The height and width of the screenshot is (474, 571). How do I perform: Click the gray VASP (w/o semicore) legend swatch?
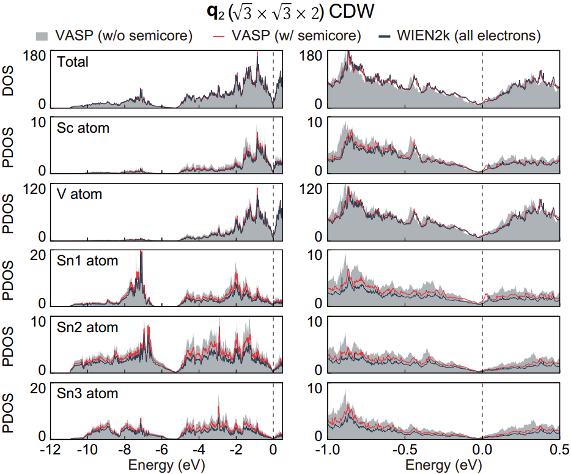pyautogui.click(x=42, y=36)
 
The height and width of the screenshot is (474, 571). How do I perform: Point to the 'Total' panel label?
pyautogui.click(x=73, y=62)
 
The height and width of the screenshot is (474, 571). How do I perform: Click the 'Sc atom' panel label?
pyautogui.click(x=83, y=128)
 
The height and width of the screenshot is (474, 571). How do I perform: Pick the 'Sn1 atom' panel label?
pyautogui.click(x=87, y=261)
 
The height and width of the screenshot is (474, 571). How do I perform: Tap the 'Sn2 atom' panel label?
pyautogui.click(x=87, y=327)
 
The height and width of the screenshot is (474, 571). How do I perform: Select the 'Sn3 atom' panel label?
pyautogui.click(x=87, y=393)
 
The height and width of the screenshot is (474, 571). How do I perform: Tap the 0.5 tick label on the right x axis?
pyautogui.click(x=559, y=450)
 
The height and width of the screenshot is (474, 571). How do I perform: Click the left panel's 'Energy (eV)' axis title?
pyautogui.click(x=166, y=465)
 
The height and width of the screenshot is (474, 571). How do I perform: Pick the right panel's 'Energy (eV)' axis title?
pyautogui.click(x=444, y=465)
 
